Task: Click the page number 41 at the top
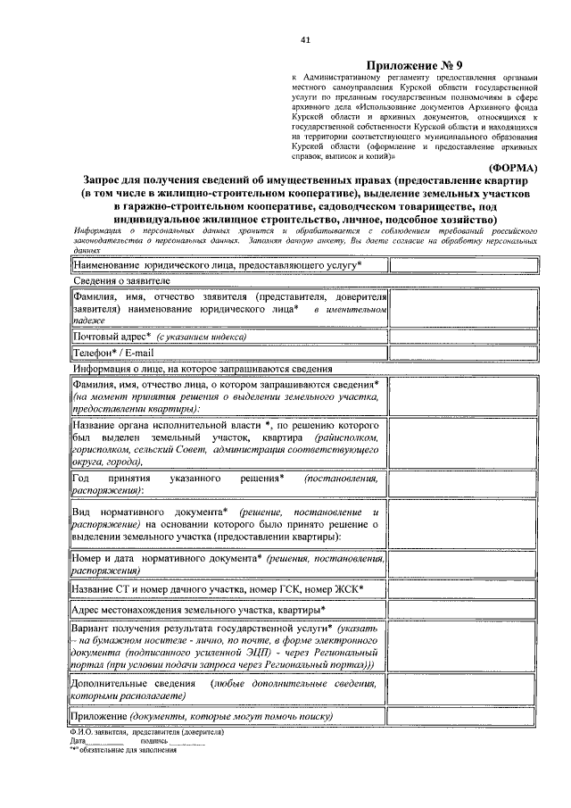click(305, 40)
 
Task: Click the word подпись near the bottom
click(153, 741)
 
